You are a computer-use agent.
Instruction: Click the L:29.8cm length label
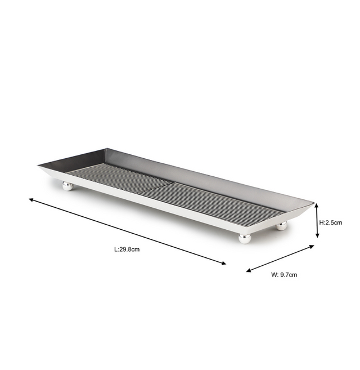tap(127, 249)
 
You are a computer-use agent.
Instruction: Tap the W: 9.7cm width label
tap(284, 275)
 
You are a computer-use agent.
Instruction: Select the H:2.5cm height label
tap(331, 222)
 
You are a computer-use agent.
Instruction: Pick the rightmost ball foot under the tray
tap(281, 225)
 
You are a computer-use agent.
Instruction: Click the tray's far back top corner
tap(106, 149)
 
